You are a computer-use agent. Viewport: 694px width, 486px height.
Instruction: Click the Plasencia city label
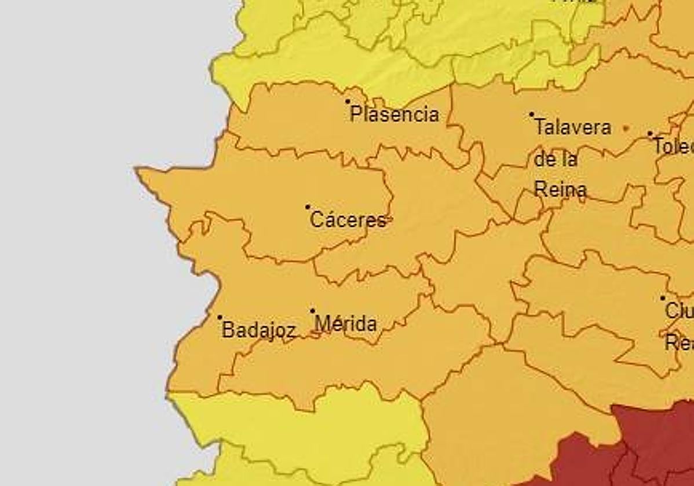click(x=395, y=114)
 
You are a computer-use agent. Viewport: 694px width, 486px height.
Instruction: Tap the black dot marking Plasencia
click(x=348, y=101)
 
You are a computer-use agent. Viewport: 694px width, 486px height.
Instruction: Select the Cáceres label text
click(x=348, y=220)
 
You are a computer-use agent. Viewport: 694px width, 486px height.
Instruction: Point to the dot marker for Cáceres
click(x=308, y=207)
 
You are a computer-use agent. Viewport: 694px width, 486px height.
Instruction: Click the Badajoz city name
click(x=259, y=330)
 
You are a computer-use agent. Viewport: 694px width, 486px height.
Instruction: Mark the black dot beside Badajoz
click(x=220, y=317)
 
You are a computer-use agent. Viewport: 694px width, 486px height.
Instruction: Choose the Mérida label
click(x=346, y=324)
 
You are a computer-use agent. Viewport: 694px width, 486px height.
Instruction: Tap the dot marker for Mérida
click(x=313, y=311)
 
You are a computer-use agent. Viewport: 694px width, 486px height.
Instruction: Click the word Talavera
click(x=572, y=127)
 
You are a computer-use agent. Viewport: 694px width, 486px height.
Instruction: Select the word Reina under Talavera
click(x=560, y=190)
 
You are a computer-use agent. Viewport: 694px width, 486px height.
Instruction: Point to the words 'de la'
click(x=556, y=159)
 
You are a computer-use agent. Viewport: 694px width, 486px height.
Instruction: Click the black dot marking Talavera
click(x=532, y=115)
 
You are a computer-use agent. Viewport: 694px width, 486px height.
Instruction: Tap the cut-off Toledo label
click(x=674, y=146)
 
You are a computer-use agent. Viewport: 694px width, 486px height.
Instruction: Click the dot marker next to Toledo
click(x=650, y=134)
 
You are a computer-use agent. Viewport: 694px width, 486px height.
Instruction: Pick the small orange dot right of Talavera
click(x=626, y=128)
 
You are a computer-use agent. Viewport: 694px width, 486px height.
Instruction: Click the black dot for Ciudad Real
click(x=663, y=299)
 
